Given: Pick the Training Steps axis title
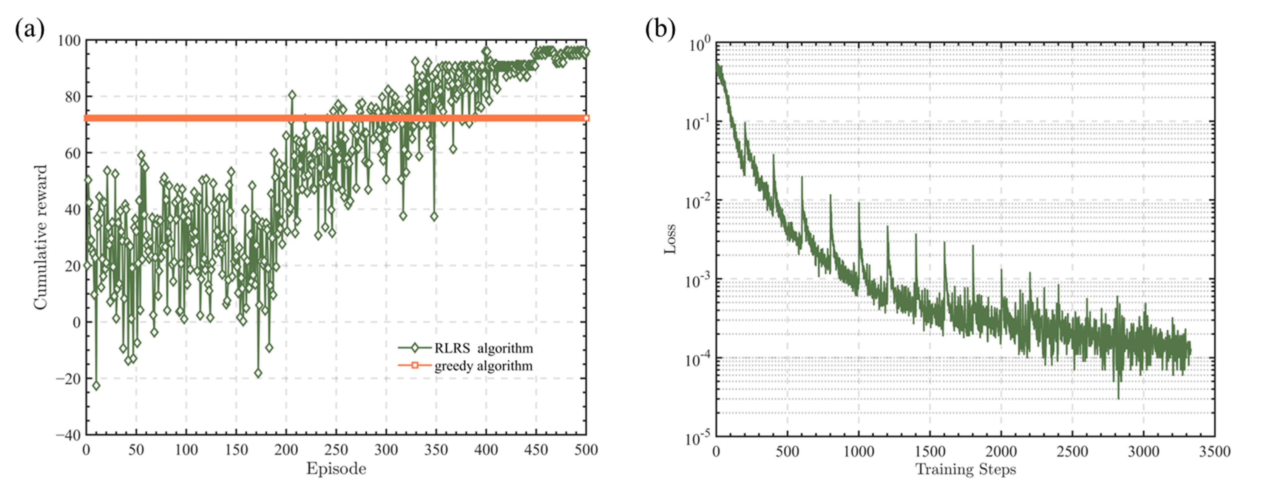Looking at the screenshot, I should [x=965, y=469].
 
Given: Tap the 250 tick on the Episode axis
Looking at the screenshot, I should [x=336, y=450].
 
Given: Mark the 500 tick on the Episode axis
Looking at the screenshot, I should [x=586, y=450].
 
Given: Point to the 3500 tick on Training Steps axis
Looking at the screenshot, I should [x=1214, y=451].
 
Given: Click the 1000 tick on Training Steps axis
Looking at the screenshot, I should [x=858, y=451].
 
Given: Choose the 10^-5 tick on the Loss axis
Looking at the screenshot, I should [x=696, y=438].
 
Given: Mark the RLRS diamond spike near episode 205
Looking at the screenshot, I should [x=292, y=95].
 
